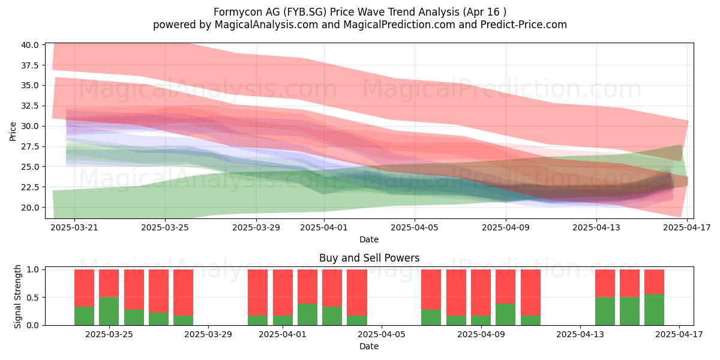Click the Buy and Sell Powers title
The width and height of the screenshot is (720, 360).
pos(369,258)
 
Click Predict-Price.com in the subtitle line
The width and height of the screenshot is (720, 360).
pos(524,25)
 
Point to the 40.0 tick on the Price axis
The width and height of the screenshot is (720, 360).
pos(29,45)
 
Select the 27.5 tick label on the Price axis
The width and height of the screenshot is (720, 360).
pos(29,146)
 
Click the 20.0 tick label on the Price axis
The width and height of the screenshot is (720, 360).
pos(29,208)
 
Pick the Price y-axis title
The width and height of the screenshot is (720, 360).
pos(13,131)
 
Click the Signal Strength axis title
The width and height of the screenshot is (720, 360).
pos(17,296)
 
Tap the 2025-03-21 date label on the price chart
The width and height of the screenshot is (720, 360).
pos(74,227)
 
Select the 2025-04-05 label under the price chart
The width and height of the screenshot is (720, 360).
pos(415,227)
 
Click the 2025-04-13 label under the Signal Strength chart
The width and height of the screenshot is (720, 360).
pos(580,335)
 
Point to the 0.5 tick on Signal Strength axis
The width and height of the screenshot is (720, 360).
pos(33,298)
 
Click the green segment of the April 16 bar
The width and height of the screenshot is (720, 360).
pos(654,310)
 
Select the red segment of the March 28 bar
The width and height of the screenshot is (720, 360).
pos(183,293)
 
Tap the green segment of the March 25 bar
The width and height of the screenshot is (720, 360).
pos(109,311)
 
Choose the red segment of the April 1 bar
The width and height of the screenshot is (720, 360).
pos(283,293)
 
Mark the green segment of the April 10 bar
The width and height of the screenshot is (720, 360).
pos(506,314)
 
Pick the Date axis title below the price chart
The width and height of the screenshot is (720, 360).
pos(369,239)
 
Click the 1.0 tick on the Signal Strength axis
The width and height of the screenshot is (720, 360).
pos(33,269)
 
